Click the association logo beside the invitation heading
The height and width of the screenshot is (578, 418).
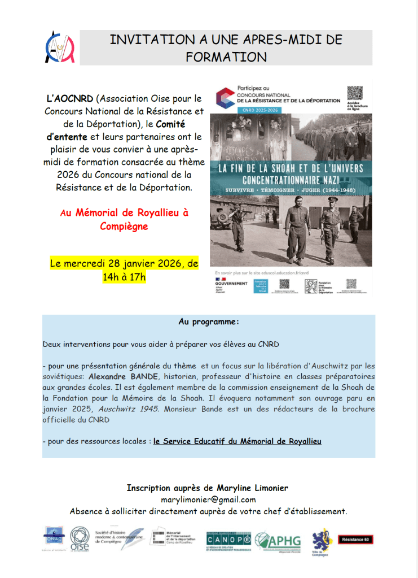(59, 47)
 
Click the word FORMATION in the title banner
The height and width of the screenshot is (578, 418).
(226, 57)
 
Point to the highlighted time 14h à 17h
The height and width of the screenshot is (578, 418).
(124, 277)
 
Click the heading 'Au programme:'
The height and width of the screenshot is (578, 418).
(209, 322)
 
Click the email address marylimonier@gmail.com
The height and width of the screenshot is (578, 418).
(208, 499)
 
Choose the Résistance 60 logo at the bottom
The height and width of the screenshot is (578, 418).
(355, 540)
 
